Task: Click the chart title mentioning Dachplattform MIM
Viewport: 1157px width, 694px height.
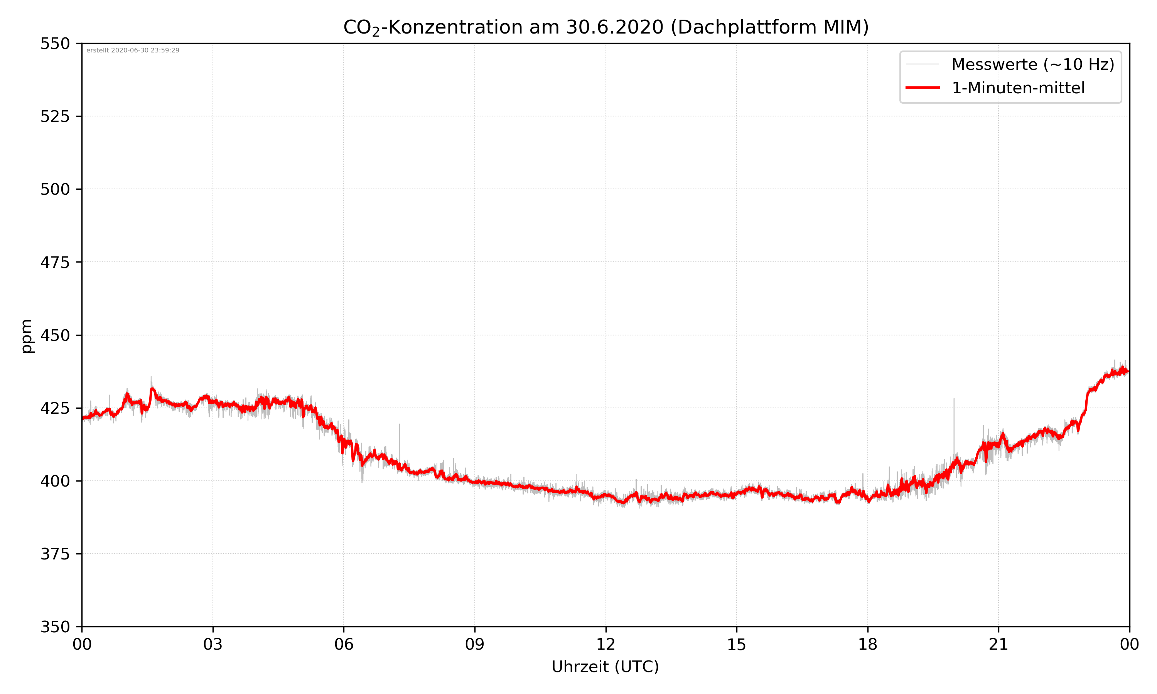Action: click(605, 27)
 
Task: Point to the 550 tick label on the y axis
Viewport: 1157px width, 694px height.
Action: click(55, 44)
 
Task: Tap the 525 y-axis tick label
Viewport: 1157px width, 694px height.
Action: click(55, 116)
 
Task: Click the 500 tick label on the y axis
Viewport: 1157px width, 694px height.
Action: click(55, 189)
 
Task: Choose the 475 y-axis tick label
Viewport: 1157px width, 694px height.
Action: click(55, 262)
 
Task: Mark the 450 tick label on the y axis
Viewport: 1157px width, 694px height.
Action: click(55, 335)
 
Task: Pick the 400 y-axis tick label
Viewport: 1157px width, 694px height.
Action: click(55, 481)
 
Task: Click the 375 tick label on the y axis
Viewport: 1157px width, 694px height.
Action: click(55, 554)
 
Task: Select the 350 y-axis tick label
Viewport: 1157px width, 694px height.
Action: click(55, 627)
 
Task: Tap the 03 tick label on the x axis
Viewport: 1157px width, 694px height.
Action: click(213, 644)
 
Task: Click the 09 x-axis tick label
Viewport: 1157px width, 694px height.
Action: click(475, 644)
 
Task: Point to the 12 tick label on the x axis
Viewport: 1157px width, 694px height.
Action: click(605, 644)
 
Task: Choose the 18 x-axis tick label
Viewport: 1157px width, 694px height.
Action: click(867, 644)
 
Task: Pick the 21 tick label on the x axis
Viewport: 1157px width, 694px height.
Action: click(998, 644)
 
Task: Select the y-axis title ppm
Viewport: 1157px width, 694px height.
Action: click(27, 336)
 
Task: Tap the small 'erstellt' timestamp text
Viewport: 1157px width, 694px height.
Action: click(133, 51)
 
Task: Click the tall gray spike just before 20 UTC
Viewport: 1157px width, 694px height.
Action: click(954, 421)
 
